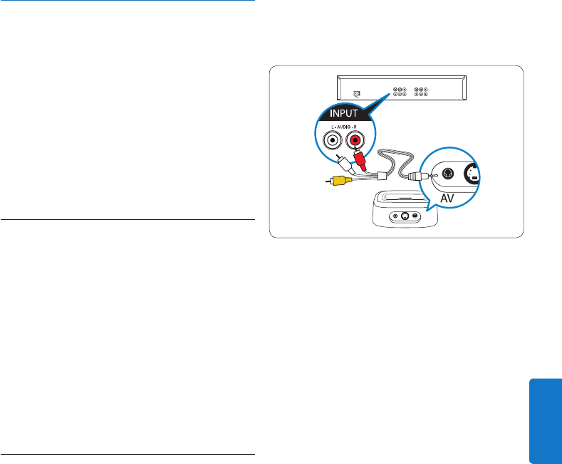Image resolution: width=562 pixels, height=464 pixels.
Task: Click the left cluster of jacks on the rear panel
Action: click(x=398, y=92)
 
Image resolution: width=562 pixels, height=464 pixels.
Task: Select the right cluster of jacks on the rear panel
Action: click(x=420, y=92)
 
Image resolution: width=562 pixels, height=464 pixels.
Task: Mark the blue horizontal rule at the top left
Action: click(x=128, y=1)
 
